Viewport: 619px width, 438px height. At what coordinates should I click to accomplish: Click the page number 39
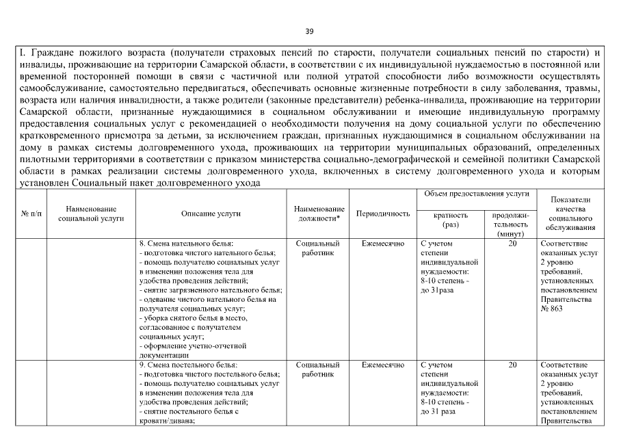coord(309,31)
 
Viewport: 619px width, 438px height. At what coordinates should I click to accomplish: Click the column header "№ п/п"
coord(31,214)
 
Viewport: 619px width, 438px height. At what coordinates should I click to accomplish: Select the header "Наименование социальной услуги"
coord(91,214)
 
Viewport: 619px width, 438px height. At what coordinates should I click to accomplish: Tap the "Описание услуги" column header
coord(211,214)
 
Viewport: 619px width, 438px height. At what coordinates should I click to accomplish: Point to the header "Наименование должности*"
coord(318,214)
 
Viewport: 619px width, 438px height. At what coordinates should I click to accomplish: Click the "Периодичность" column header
coord(383,214)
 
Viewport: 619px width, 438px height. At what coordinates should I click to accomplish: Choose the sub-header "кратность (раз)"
coord(451,220)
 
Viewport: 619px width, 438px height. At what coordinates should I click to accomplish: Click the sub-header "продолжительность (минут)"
coord(512,224)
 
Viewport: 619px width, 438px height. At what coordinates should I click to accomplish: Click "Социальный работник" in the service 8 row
coord(318,248)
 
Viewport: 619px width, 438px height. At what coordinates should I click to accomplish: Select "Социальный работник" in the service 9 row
coord(318,370)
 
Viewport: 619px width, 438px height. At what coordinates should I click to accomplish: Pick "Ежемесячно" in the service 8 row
coord(383,244)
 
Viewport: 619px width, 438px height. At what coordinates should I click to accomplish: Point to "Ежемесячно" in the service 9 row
coord(383,365)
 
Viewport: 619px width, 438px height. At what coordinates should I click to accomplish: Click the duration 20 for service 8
coord(512,244)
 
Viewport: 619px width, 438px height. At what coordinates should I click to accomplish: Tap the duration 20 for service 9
coord(512,365)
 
